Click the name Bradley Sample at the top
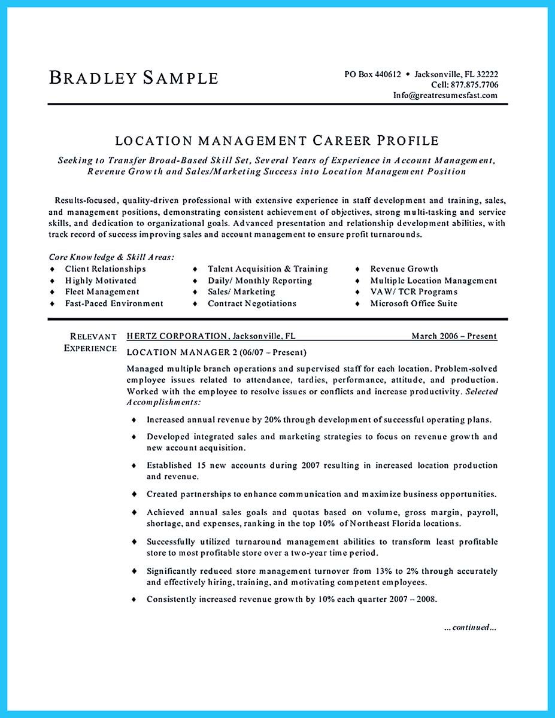134,78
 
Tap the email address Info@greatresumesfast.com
445,95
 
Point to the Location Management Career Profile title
277,141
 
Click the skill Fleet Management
102,292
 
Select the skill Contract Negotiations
251,303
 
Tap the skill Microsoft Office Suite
413,303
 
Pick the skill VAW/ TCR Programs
413,292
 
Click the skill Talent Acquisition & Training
268,269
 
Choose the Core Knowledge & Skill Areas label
111,257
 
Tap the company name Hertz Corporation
177,336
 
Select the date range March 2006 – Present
454,336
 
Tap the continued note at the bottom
470,628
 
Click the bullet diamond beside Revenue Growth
358,269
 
